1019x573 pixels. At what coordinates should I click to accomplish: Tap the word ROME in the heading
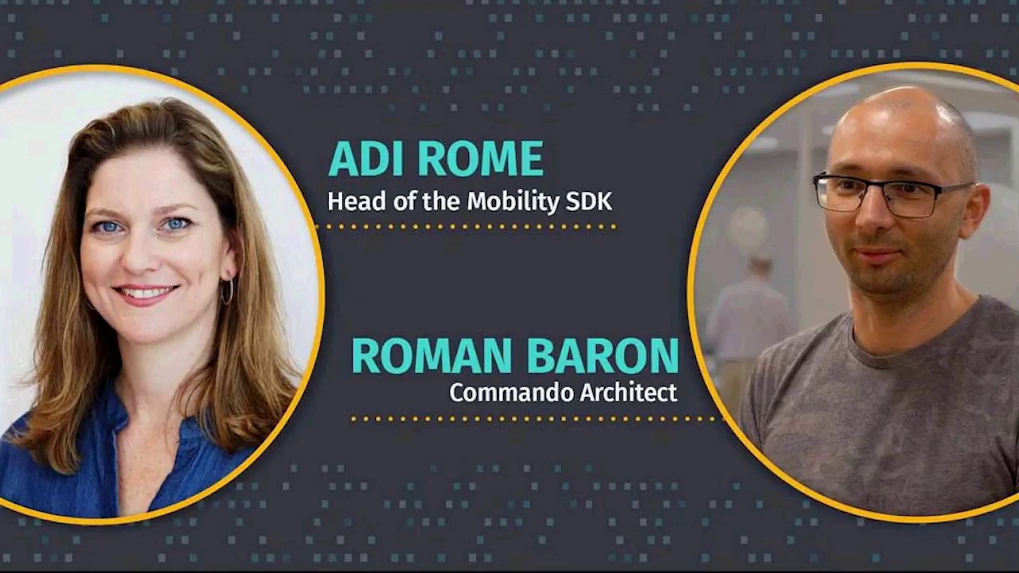[x=481, y=159]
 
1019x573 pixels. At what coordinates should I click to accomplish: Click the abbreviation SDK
[x=589, y=201]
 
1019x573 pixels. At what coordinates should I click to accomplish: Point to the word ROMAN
[x=432, y=356]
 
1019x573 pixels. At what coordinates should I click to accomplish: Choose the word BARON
[x=603, y=356]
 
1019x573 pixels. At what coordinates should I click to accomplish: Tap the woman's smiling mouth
[x=146, y=294]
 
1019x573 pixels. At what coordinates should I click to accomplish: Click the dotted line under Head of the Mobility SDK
[x=466, y=227]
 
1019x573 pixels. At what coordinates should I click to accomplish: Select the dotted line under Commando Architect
[x=533, y=419]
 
